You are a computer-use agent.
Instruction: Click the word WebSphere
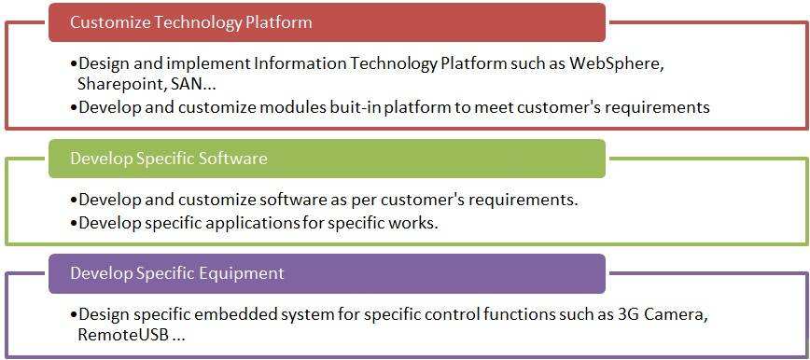click(624, 63)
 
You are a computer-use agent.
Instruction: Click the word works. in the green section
click(415, 223)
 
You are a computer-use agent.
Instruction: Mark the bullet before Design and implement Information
click(74, 63)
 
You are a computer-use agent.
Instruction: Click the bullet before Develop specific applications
click(74, 223)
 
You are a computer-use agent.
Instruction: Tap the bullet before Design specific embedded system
click(74, 314)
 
